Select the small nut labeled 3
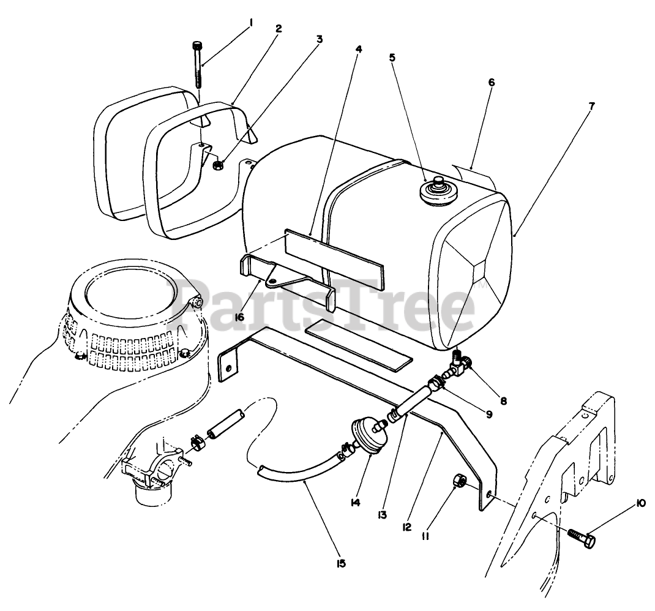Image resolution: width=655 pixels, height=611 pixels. point(217,165)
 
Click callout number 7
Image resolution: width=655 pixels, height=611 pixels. point(591,106)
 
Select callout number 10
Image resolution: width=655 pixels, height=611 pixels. point(641,503)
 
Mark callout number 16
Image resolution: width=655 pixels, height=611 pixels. point(239,317)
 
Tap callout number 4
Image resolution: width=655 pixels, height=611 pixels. point(359,49)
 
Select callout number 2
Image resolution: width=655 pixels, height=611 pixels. point(278,28)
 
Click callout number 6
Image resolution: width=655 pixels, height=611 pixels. point(492,81)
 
